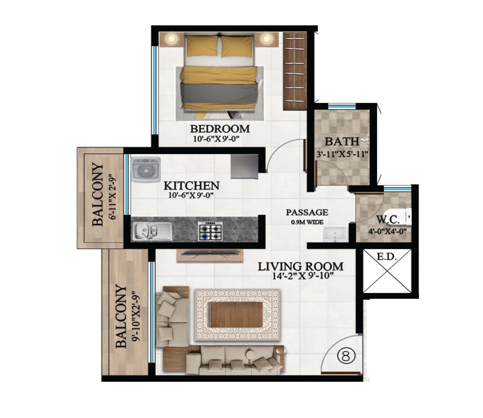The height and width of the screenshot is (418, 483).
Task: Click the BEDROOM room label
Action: point(220,129)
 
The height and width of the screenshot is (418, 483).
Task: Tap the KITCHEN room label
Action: point(191,186)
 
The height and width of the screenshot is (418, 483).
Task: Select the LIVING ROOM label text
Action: point(300,267)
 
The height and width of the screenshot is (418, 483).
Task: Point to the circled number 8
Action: point(346,356)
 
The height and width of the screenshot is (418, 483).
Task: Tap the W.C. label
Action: point(388,220)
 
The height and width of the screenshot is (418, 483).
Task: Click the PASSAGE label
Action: point(307,213)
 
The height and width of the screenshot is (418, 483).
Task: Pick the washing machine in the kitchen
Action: point(146,169)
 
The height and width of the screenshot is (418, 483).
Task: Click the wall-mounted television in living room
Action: point(209,254)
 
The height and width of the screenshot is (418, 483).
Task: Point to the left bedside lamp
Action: point(171,39)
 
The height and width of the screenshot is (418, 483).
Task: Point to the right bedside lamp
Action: point(266,39)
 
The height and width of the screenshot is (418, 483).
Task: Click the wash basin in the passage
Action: point(335,234)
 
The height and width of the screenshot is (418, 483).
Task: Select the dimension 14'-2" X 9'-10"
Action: point(302,276)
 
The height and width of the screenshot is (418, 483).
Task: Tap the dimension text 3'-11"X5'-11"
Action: point(342,154)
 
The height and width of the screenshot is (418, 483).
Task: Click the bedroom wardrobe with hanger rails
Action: point(295,71)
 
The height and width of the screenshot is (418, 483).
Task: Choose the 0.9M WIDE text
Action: point(307,222)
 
